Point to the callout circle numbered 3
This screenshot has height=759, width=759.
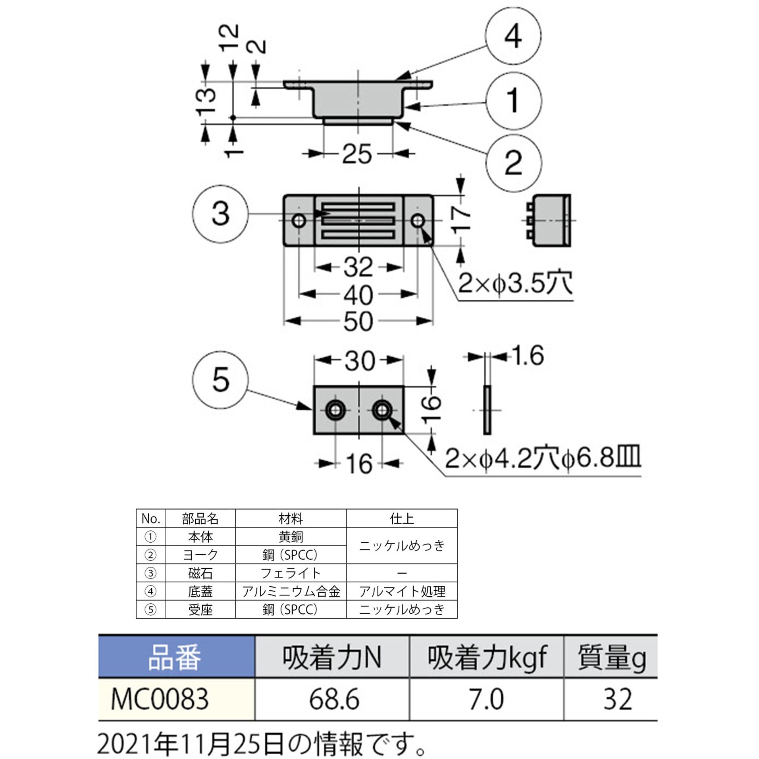coord(221,214)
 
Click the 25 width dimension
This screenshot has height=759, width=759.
coord(357,154)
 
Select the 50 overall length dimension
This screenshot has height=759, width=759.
coord(358,322)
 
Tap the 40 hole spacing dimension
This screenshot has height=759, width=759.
coord(358,295)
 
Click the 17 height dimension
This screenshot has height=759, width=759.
coord(461,219)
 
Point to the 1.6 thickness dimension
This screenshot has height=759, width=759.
coord(528,356)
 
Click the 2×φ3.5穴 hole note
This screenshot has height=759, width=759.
coord(515,283)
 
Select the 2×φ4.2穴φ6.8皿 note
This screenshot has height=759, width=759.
coord(542,458)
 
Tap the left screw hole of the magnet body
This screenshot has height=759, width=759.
coord(299,221)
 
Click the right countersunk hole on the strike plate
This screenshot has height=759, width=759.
coord(381,410)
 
